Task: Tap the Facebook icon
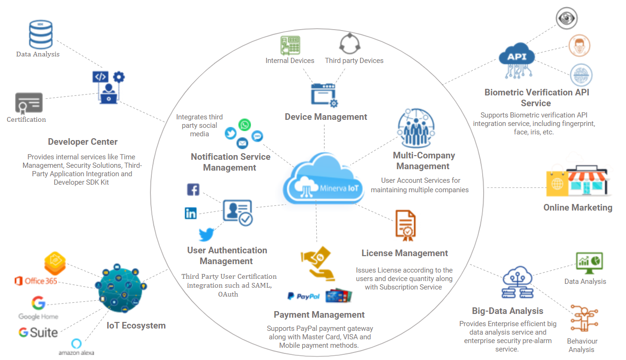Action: (193, 190)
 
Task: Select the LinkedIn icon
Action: (191, 213)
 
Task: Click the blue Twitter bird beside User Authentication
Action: (206, 234)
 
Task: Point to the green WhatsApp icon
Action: (244, 125)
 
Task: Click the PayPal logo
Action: (304, 296)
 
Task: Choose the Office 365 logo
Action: (36, 281)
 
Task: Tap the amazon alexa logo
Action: (76, 347)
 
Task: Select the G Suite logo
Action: (38, 332)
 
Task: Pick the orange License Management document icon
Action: (405, 225)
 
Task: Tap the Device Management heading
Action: (326, 117)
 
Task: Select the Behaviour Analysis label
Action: (582, 345)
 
